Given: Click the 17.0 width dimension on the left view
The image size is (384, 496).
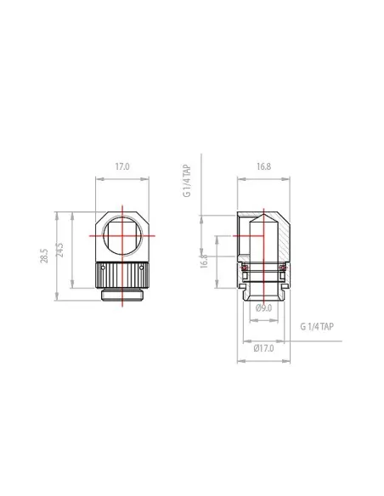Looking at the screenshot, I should (x=122, y=167).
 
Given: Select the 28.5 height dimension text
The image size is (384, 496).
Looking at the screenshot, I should (x=44, y=256).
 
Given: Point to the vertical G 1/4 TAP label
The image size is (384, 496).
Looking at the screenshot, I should (x=187, y=180).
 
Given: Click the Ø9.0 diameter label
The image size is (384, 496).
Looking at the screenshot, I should (x=263, y=307).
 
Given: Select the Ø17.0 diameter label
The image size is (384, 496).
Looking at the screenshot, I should (x=263, y=347).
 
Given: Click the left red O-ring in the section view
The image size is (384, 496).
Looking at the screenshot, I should (x=245, y=269).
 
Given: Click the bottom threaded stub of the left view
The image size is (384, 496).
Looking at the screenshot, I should (x=122, y=295).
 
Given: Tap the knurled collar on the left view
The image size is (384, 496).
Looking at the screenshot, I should (x=122, y=275).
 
